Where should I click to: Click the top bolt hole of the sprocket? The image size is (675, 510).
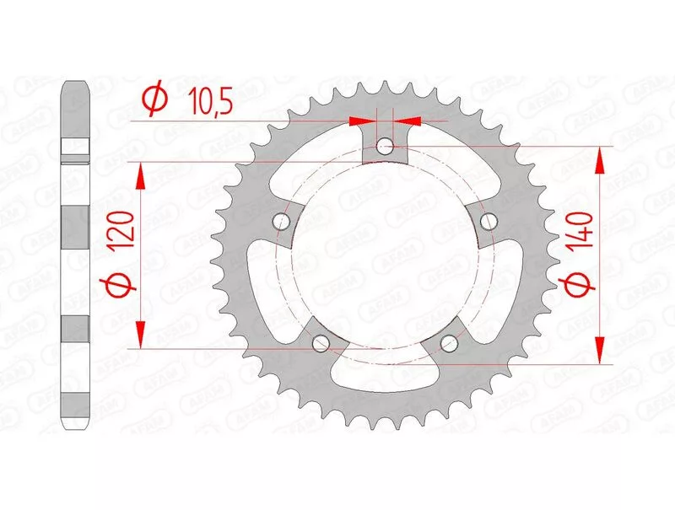coord(385,146)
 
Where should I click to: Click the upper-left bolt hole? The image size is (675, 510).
coord(282,221)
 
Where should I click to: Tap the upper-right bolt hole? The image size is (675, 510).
coord(489,222)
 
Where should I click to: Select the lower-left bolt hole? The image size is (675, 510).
coord(321,343)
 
